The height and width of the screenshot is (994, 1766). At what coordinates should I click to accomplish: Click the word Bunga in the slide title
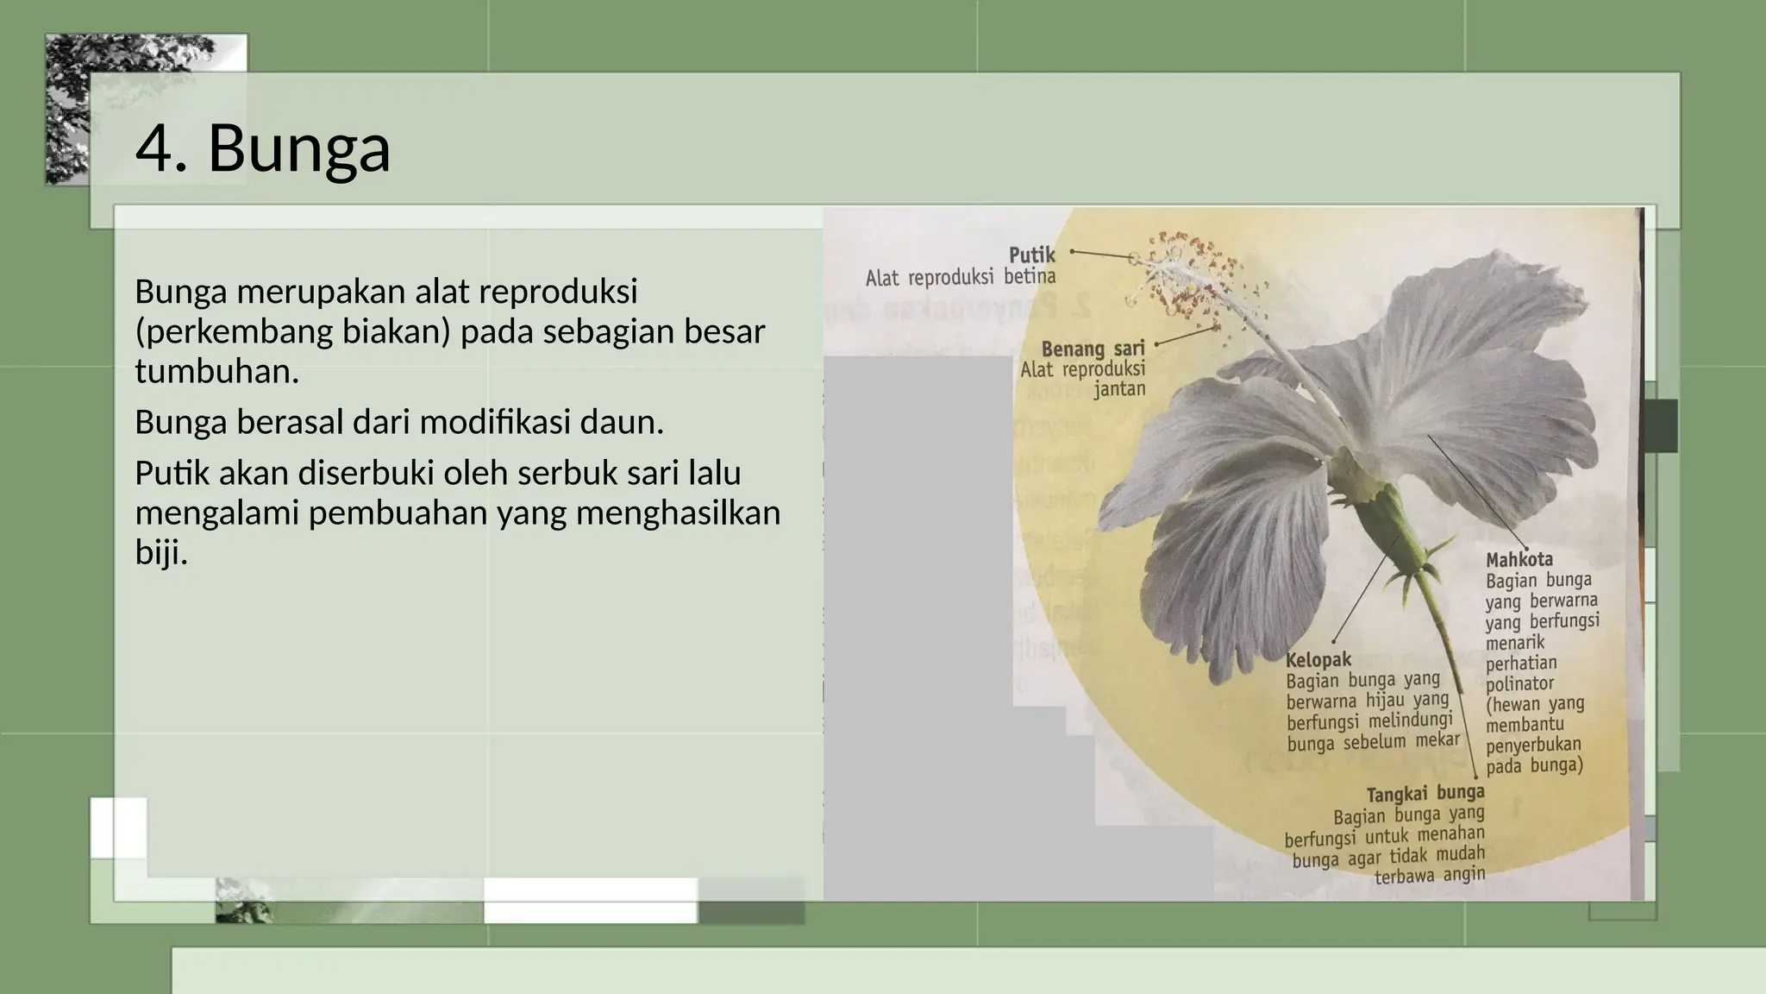coord(299,148)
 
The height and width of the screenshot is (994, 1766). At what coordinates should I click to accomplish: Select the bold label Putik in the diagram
coord(1032,255)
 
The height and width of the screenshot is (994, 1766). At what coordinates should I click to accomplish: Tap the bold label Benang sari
coord(1093,349)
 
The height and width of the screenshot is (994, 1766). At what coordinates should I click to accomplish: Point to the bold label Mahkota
coord(1519,559)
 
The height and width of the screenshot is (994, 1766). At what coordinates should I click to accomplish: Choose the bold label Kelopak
coord(1318,660)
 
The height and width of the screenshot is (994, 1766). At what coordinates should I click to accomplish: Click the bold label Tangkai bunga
coord(1425,793)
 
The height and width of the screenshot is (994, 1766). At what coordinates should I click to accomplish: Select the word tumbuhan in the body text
coord(216,372)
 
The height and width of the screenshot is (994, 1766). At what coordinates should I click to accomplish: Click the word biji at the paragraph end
coord(161,553)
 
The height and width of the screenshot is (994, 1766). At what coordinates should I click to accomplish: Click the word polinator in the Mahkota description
coord(1519,684)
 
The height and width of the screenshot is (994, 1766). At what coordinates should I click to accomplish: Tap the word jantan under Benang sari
coord(1119,389)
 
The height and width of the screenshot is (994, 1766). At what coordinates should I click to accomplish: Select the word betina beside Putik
coord(1030,277)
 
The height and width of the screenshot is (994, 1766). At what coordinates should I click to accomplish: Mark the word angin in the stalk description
coord(1464,875)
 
